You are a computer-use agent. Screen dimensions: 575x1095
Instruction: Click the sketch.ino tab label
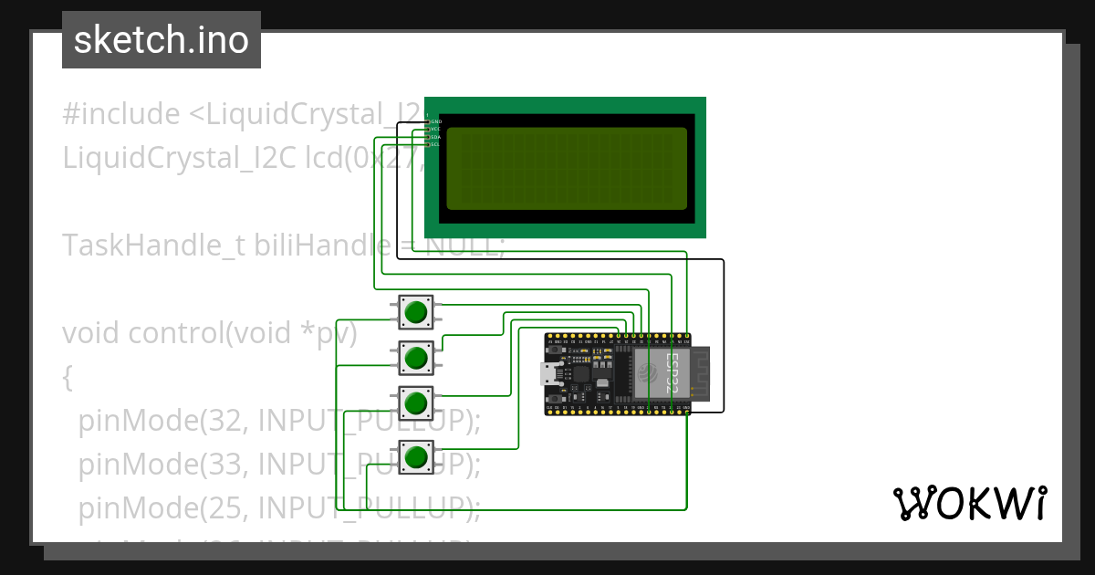162,40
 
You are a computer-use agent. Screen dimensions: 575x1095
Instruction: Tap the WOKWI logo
969,503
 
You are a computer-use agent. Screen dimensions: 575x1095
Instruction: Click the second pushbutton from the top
416,357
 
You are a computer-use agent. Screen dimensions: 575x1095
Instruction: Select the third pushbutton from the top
416,402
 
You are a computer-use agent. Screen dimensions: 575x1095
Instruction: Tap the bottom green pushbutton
416,455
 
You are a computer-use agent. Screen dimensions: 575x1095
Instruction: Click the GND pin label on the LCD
436,121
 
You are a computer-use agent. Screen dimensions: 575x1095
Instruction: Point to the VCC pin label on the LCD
435,129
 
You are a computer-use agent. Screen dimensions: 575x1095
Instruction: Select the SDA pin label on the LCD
435,137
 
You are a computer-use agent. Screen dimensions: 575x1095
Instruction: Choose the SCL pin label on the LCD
435,144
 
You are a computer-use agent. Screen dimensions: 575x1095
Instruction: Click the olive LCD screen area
567,168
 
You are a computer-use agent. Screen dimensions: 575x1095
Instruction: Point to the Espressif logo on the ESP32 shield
648,372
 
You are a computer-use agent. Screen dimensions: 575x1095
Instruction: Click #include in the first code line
121,114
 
